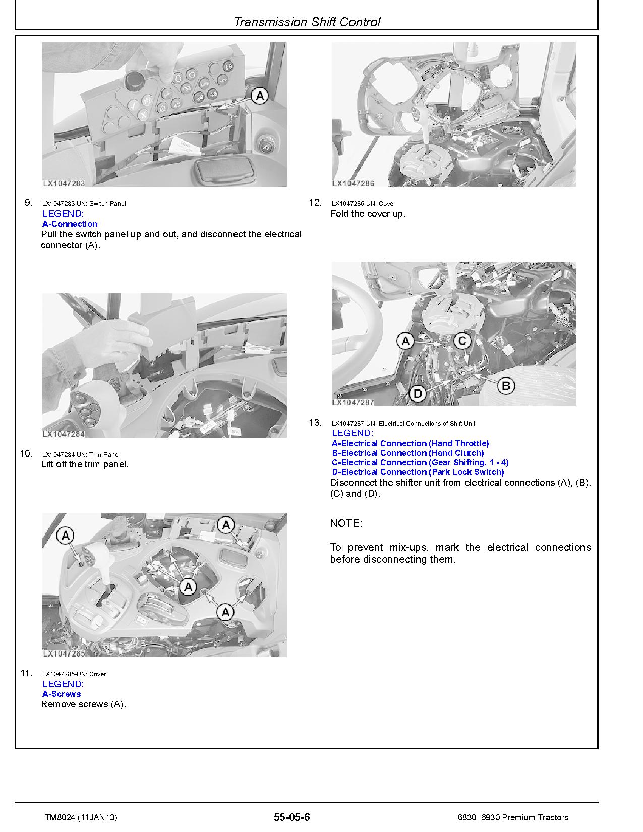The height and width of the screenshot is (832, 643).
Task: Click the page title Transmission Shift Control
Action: click(307, 22)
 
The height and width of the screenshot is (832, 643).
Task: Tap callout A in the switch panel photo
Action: click(259, 95)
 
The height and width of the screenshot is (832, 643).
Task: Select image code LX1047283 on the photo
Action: click(64, 184)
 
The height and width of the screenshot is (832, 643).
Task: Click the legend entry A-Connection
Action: click(70, 224)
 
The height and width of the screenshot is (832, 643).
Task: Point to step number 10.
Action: click(26, 454)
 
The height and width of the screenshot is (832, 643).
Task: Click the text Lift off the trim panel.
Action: click(85, 464)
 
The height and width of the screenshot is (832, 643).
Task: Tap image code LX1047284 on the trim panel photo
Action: click(64, 434)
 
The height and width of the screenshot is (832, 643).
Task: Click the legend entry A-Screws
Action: click(62, 694)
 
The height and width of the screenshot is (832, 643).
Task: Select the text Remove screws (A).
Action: click(83, 704)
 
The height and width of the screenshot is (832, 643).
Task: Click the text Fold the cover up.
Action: click(368, 214)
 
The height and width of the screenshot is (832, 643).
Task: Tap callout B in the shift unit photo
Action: click(506, 386)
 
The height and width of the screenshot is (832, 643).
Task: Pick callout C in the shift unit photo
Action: click(462, 341)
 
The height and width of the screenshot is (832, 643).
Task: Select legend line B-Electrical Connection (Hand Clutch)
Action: click(407, 453)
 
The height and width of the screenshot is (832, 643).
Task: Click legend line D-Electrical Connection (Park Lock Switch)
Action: click(418, 472)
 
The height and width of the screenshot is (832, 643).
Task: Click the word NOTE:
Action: click(346, 523)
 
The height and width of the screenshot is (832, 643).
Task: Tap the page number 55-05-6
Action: click(291, 817)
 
